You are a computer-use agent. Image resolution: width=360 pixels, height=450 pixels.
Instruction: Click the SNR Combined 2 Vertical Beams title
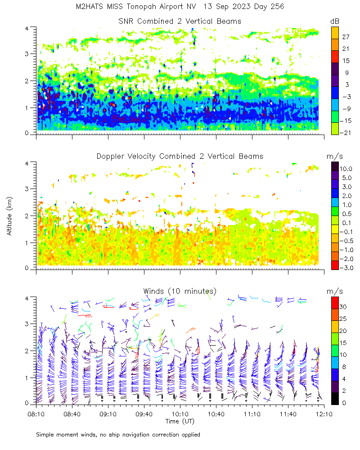(180, 21)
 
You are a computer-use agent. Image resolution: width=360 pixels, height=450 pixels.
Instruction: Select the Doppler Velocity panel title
(180, 156)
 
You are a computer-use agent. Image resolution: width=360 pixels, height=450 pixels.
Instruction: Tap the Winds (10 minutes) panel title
(180, 291)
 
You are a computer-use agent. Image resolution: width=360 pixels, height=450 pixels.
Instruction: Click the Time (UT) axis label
(180, 421)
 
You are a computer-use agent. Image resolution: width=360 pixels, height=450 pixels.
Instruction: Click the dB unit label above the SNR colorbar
(335, 21)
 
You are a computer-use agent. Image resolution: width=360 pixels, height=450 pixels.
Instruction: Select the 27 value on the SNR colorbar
(346, 37)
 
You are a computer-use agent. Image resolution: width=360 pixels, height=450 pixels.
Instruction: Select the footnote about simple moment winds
(118, 435)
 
